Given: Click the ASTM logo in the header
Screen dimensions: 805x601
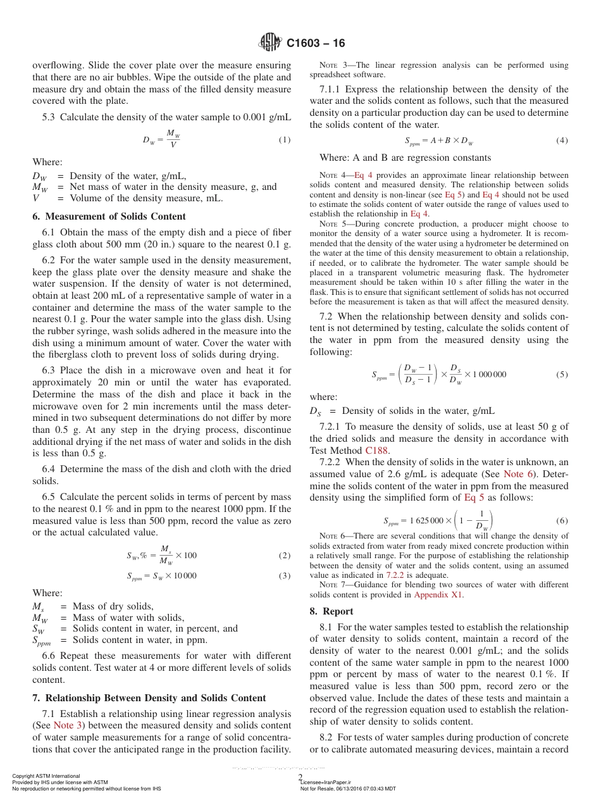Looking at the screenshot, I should tap(271, 43).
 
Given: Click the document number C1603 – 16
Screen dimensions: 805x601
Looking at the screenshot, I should tap(316, 43).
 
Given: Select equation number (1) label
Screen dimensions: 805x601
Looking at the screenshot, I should tap(285, 139).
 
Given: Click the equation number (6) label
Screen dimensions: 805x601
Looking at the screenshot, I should tap(562, 521).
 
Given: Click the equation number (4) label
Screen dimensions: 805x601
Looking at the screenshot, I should tap(562, 140).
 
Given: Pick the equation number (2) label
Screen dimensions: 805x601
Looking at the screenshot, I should tap(285, 556).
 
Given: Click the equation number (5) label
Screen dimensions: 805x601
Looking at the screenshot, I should tap(562, 374).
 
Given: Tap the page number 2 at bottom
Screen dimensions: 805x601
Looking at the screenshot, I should tap(300, 777).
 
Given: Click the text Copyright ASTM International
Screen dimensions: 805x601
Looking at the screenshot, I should tap(46, 776).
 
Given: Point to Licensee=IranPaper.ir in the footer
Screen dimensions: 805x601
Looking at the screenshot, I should tap(330, 782).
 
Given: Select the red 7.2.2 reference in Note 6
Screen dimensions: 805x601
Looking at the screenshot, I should tap(395, 575).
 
